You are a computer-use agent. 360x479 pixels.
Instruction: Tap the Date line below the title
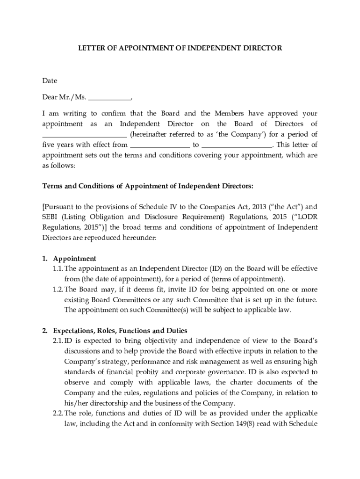[x=50, y=80]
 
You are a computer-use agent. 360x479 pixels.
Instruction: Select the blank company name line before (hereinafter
[x=85, y=134]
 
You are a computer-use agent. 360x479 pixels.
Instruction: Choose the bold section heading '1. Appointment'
[x=69, y=259]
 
